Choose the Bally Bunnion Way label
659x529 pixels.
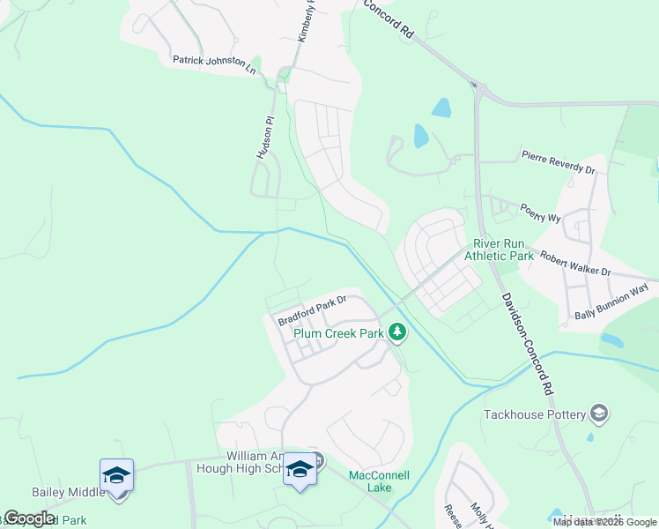(x=611, y=301)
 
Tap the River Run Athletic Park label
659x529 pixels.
(x=503, y=250)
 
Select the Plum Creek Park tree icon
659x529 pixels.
(x=398, y=332)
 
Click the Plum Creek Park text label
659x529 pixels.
(x=339, y=333)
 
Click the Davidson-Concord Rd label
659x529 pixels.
(x=527, y=344)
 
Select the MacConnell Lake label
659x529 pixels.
(x=379, y=481)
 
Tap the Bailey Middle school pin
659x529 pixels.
(x=116, y=476)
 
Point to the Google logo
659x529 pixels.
(x=29, y=518)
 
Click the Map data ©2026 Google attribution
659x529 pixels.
(x=605, y=522)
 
